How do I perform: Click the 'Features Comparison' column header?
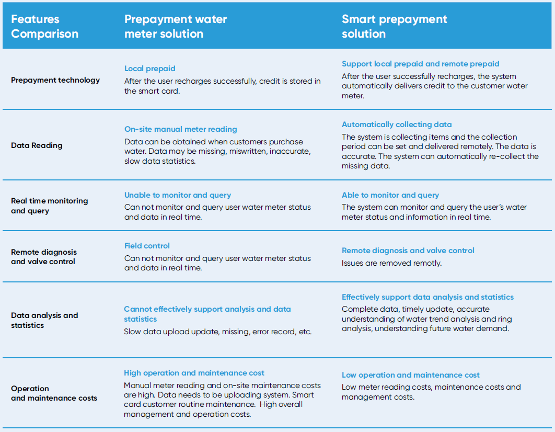44,27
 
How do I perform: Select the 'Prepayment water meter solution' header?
176,27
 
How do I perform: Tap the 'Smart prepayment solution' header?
394,27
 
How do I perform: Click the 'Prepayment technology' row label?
55,80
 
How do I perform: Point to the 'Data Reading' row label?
37,145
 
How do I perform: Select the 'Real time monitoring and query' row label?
49,206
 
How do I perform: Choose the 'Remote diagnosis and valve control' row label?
44,257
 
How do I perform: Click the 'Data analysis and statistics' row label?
44,320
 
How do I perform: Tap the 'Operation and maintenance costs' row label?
54,393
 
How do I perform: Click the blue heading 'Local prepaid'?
150,69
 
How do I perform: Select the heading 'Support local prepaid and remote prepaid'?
420,64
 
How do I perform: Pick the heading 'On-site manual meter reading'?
180,129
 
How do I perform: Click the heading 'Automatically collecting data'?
397,124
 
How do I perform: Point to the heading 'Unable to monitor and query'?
177,195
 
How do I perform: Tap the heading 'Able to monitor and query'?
390,195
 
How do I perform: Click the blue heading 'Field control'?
147,246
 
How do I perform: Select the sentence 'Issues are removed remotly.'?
391,263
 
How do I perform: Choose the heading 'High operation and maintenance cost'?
194,373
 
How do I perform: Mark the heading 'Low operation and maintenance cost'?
410,375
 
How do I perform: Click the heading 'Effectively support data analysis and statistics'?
427,297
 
